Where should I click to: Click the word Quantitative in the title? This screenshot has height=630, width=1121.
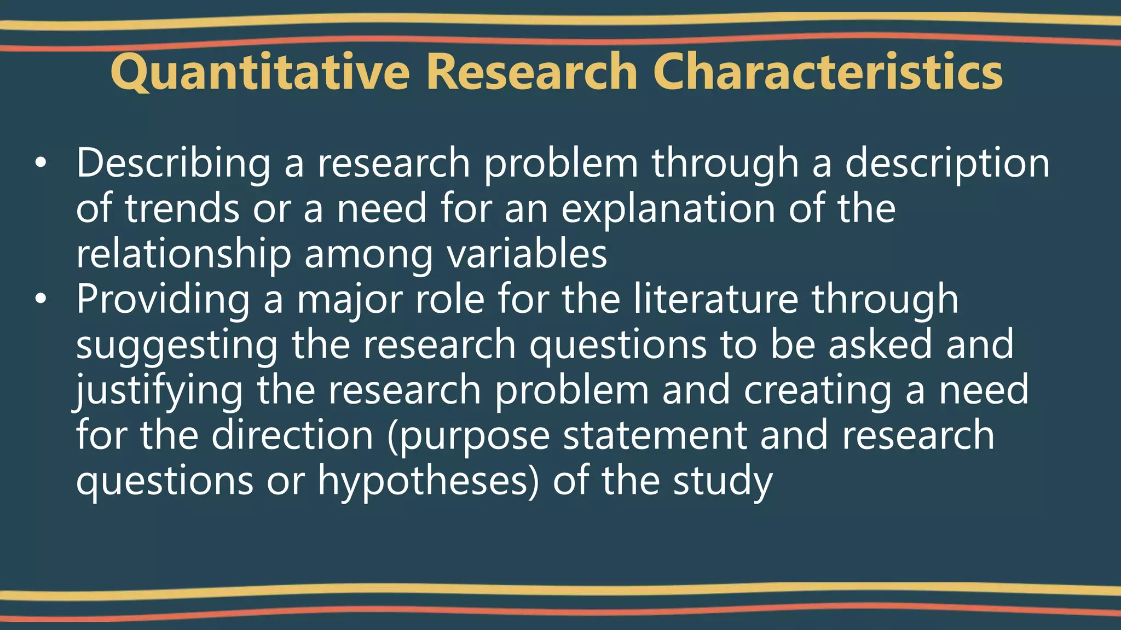260,72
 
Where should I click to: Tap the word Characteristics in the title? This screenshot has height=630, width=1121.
828,72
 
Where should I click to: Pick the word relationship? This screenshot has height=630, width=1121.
183,254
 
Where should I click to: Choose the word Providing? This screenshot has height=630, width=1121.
163,300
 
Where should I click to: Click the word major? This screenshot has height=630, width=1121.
350,300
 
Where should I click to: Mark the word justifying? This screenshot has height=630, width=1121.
159,390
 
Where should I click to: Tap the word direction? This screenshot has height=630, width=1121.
292,435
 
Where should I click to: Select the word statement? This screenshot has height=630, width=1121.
655,435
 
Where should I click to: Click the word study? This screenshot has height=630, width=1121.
723,481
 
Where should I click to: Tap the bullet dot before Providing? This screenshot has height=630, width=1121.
41,300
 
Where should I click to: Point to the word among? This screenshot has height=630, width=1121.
368,254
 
